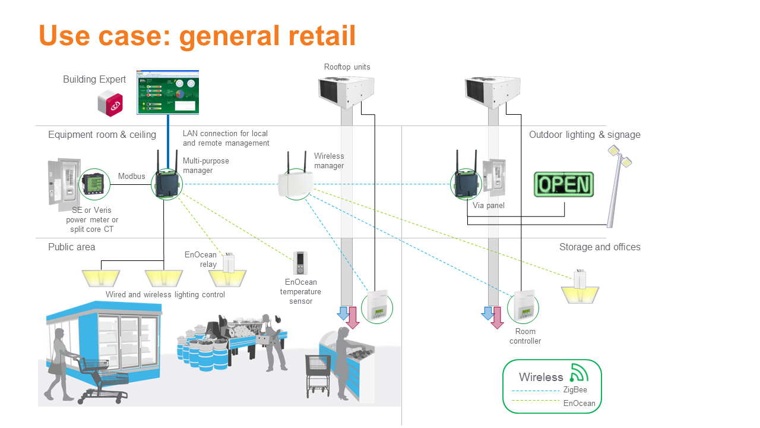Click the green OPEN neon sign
click(x=563, y=184)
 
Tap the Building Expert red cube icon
click(x=110, y=104)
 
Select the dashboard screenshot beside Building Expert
click(x=168, y=92)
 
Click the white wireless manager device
click(x=295, y=183)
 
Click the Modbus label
click(x=131, y=176)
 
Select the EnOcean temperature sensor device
click(x=300, y=263)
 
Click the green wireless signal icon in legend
click(x=578, y=373)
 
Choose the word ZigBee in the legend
click(x=575, y=390)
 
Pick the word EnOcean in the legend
click(x=579, y=404)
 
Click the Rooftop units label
click(x=347, y=67)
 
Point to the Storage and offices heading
click(x=600, y=247)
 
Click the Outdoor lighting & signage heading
click(x=584, y=135)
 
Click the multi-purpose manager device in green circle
click(x=166, y=184)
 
